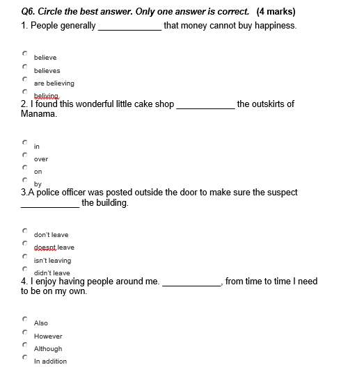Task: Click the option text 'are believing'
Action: coord(54,83)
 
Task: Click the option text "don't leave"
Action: coord(52,235)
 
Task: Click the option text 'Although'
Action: coord(48,349)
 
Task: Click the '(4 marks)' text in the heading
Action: coord(276,12)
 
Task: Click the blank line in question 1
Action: coord(129,27)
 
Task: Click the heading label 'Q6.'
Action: coord(28,12)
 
